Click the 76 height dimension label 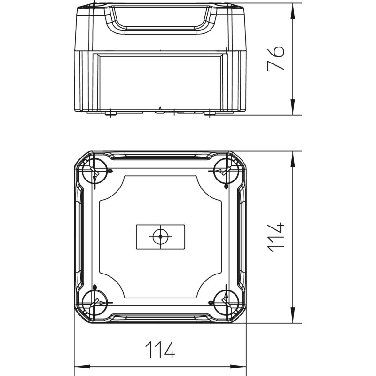[x=276, y=58]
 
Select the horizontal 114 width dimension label [x=160, y=349]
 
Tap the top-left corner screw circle [x=94, y=171]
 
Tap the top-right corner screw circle [x=226, y=171]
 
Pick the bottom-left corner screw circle [x=94, y=302]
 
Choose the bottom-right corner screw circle [x=226, y=302]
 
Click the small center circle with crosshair [x=160, y=237]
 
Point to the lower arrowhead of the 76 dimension [x=293, y=107]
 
